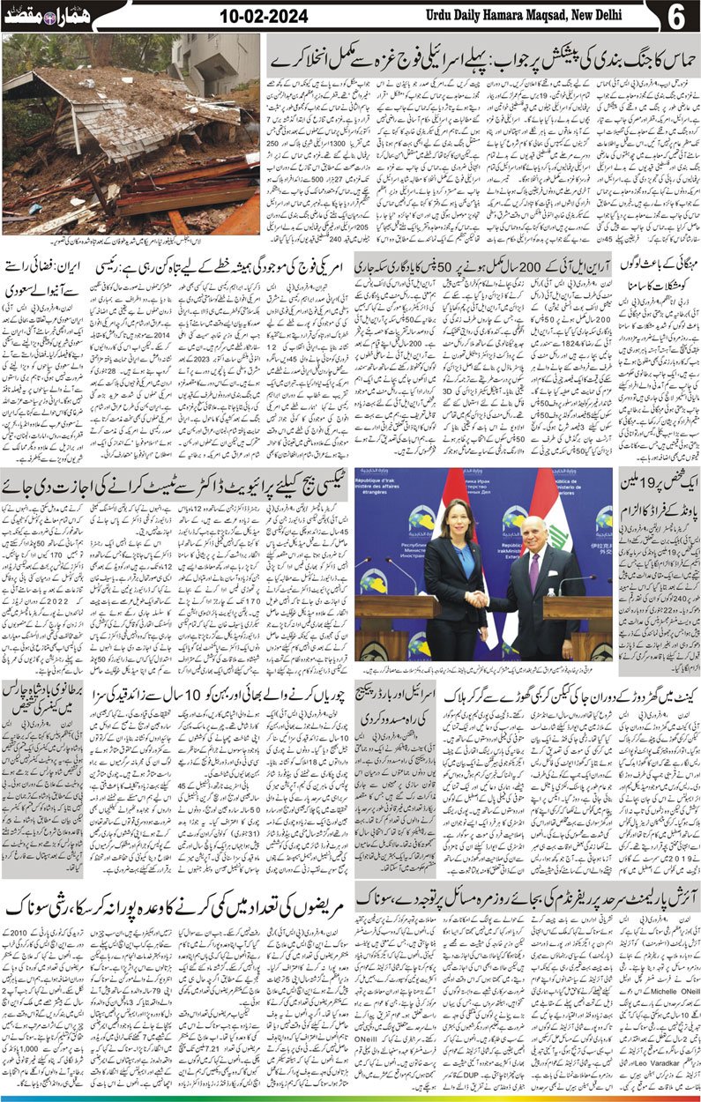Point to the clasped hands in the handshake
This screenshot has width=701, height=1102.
pyautogui.click(x=478, y=599)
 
